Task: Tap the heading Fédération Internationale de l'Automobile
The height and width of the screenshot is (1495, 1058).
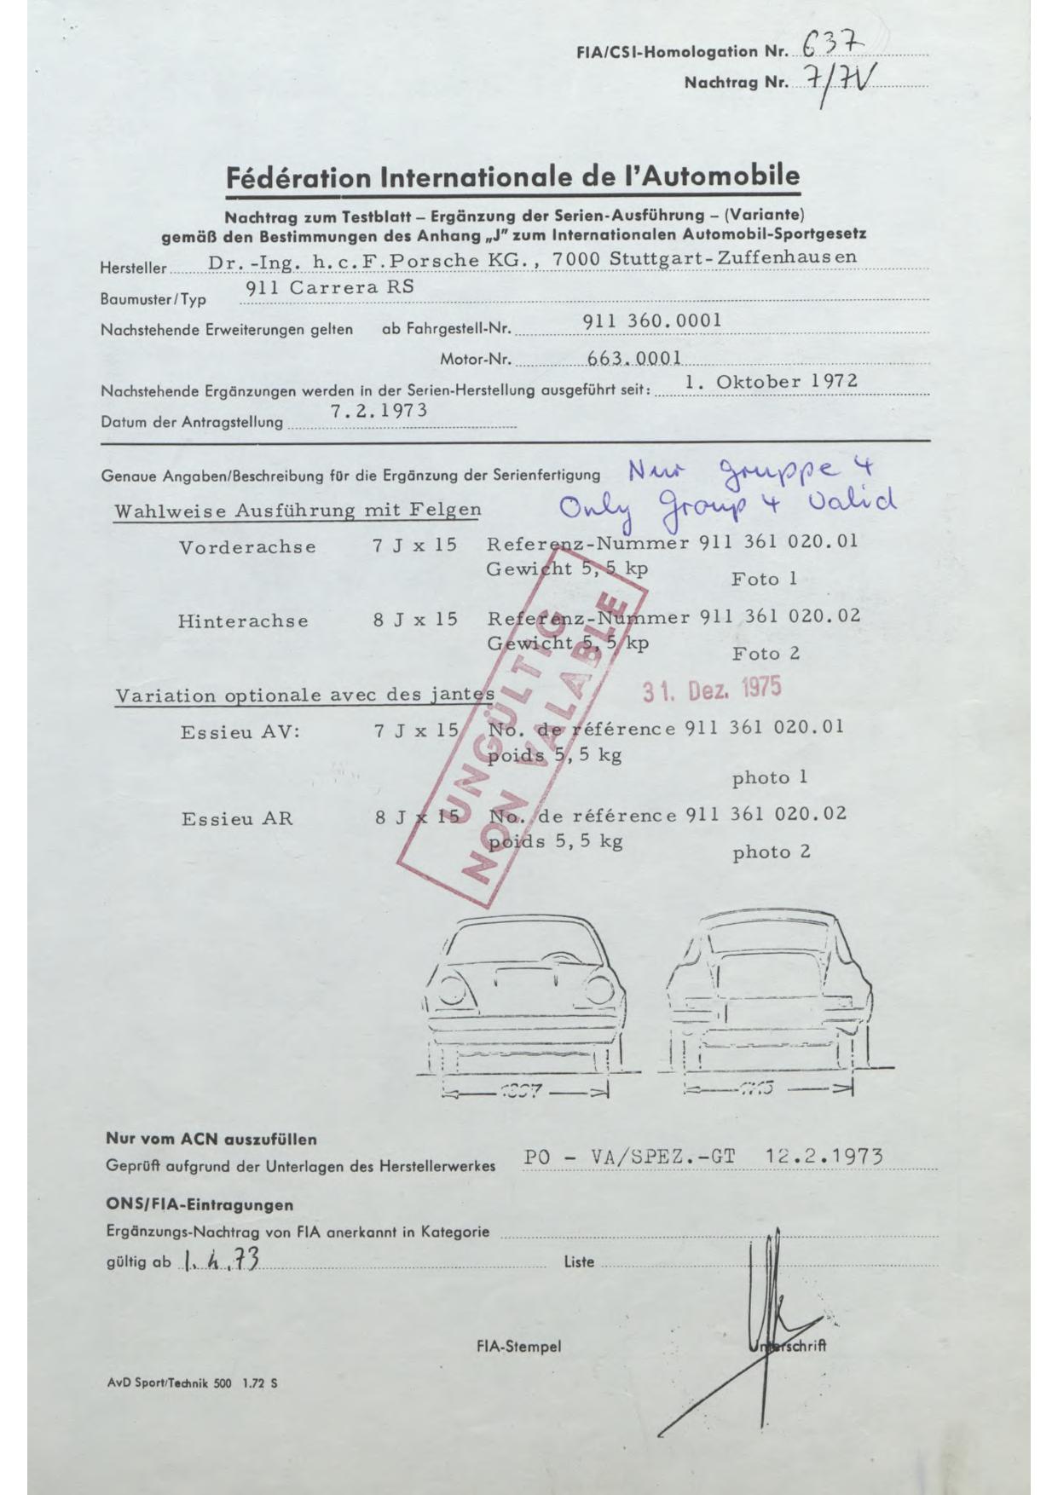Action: (512, 176)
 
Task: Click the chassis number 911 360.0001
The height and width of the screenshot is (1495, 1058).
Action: (652, 320)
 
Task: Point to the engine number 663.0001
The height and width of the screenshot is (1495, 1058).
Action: (633, 359)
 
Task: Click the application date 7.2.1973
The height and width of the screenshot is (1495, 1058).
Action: (379, 410)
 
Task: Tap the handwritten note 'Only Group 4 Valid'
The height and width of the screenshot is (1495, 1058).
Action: (727, 504)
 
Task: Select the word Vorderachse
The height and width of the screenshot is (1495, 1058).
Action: (247, 547)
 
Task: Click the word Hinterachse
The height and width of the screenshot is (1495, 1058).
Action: (243, 621)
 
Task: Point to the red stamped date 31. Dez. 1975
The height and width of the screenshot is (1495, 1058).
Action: (711, 689)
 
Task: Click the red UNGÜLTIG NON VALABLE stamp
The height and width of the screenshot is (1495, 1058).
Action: (520, 733)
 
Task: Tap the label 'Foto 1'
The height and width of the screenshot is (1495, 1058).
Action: (764, 580)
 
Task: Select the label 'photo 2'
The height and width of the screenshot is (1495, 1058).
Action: (771, 852)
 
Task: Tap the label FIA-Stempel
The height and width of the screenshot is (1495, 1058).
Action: (518, 1347)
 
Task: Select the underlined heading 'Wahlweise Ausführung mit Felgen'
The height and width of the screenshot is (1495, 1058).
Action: (298, 511)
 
